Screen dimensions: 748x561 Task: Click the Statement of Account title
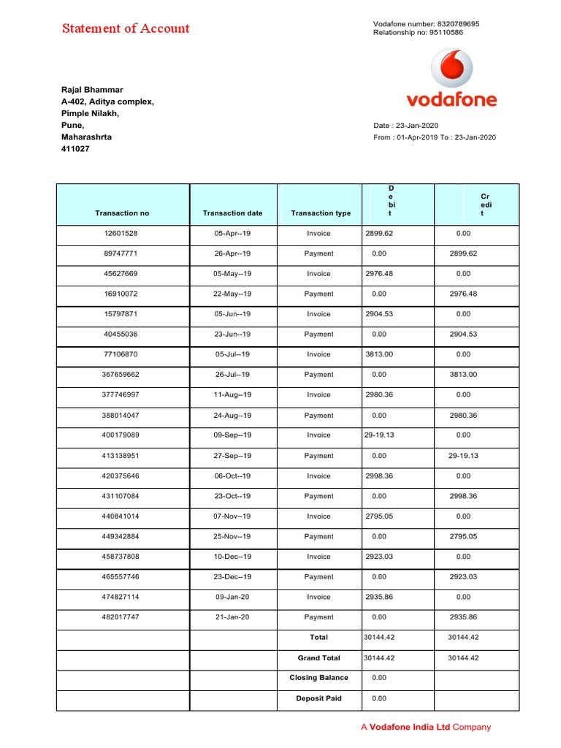pyautogui.click(x=126, y=29)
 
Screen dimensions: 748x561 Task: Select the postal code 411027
pyautogui.click(x=75, y=148)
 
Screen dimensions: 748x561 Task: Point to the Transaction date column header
pyautogui.click(x=232, y=213)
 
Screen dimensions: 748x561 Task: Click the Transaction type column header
pyautogui.click(x=320, y=213)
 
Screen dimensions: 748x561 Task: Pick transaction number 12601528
pyautogui.click(x=121, y=234)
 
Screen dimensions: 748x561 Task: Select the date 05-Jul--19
pyautogui.click(x=232, y=354)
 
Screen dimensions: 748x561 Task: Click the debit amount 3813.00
pyautogui.click(x=378, y=354)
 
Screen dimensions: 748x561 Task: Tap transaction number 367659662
pyautogui.click(x=121, y=375)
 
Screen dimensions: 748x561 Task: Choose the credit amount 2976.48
pyautogui.click(x=463, y=294)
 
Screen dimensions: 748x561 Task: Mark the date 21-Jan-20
pyautogui.click(x=232, y=617)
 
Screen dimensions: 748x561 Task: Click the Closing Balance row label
pyautogui.click(x=318, y=678)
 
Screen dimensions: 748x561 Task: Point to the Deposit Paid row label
pyautogui.click(x=318, y=698)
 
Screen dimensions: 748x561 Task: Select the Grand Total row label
pyautogui.click(x=318, y=658)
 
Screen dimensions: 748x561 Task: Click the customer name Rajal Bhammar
pyautogui.click(x=91, y=90)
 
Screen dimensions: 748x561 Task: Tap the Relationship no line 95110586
pyautogui.click(x=418, y=33)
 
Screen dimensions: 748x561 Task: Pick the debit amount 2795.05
pyautogui.click(x=378, y=516)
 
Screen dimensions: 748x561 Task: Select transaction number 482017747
pyautogui.click(x=121, y=617)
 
